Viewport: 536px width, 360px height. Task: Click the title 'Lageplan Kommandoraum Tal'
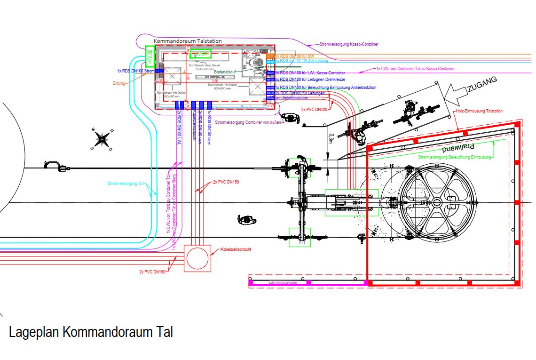(91, 332)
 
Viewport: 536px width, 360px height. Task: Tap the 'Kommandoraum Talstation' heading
(188, 41)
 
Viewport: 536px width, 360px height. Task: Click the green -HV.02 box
(150, 57)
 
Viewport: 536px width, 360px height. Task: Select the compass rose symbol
(102, 139)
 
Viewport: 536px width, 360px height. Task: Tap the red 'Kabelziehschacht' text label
(236, 249)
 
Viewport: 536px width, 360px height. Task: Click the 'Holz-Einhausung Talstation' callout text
(479, 111)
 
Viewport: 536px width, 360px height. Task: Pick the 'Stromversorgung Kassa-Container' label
(348, 44)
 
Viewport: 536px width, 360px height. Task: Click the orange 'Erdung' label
(119, 83)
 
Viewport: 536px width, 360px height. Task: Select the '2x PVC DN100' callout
(315, 109)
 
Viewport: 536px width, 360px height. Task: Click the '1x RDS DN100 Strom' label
(136, 71)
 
